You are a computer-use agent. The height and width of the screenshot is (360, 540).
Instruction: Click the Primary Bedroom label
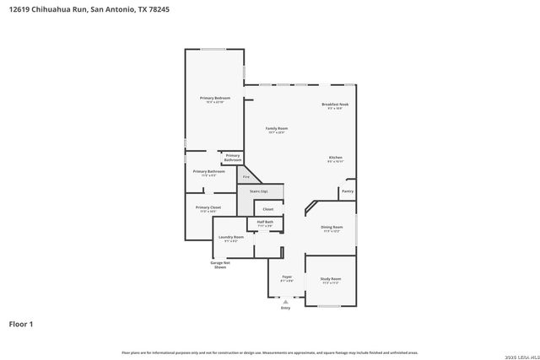[x=215, y=99]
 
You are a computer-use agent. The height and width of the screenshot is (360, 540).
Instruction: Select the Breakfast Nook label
[x=335, y=105]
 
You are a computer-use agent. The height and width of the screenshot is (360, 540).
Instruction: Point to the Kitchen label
[x=335, y=158]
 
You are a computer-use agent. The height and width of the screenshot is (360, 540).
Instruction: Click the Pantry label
[x=347, y=191]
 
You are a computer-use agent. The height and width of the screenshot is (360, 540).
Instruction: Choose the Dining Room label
[x=332, y=227]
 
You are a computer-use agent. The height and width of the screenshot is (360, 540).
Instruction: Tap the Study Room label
[x=330, y=279]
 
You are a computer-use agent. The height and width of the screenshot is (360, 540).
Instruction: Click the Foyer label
[x=286, y=277]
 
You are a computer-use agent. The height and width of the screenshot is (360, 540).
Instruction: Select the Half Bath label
[x=265, y=222]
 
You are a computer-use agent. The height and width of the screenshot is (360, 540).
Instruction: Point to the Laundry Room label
[x=231, y=237]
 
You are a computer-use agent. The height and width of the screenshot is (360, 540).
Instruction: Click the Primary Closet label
[x=208, y=207]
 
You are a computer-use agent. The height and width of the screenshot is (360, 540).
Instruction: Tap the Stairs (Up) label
[x=258, y=192]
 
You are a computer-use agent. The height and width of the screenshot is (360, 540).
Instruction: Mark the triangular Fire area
[x=246, y=176]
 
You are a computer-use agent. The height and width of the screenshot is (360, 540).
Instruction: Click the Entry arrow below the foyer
[x=285, y=301]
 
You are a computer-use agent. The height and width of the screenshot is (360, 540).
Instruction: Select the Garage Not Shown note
[x=219, y=265]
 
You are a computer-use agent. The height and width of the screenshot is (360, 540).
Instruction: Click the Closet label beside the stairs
[x=267, y=208]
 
